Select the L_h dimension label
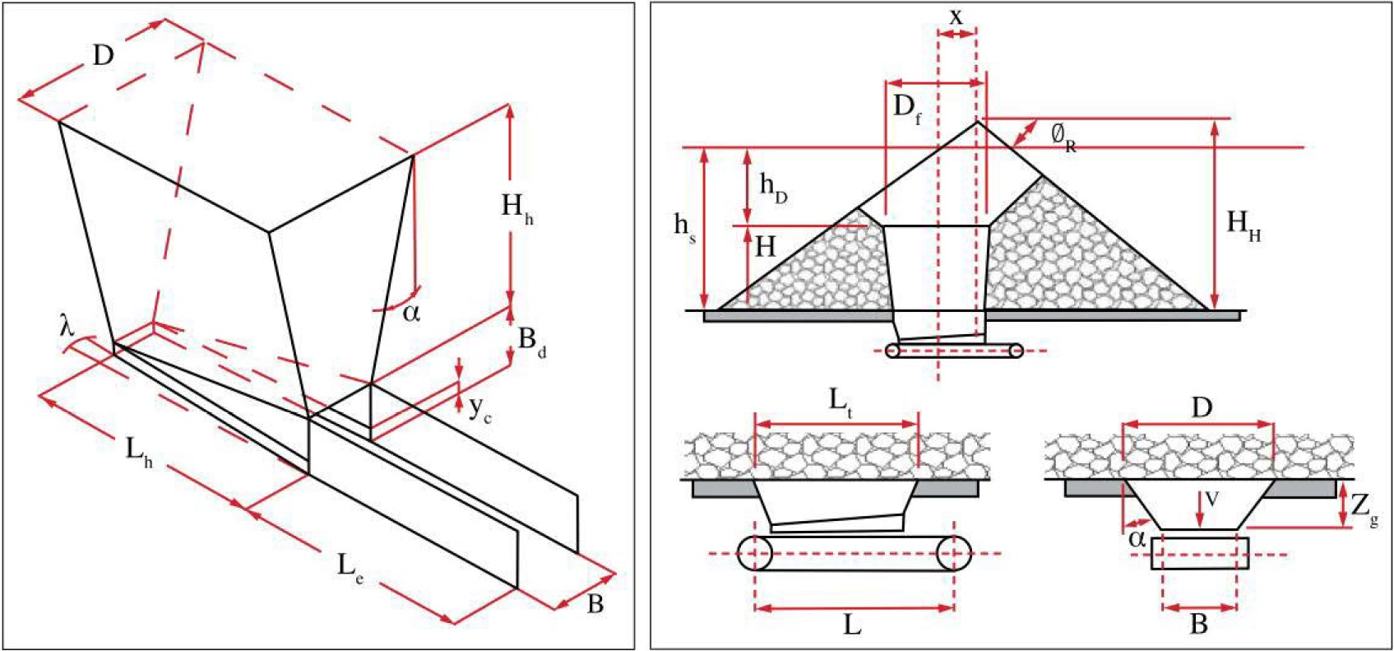(138, 452)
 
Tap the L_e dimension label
(350, 566)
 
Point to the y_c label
(479, 409)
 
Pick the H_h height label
(517, 207)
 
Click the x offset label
(956, 16)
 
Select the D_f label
(906, 108)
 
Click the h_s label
(684, 226)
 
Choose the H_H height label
(1243, 224)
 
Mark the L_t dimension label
(840, 401)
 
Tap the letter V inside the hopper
(1211, 499)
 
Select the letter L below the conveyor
(852, 625)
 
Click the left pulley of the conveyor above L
(755, 553)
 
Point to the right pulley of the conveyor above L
(953, 553)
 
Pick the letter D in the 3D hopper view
(103, 56)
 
